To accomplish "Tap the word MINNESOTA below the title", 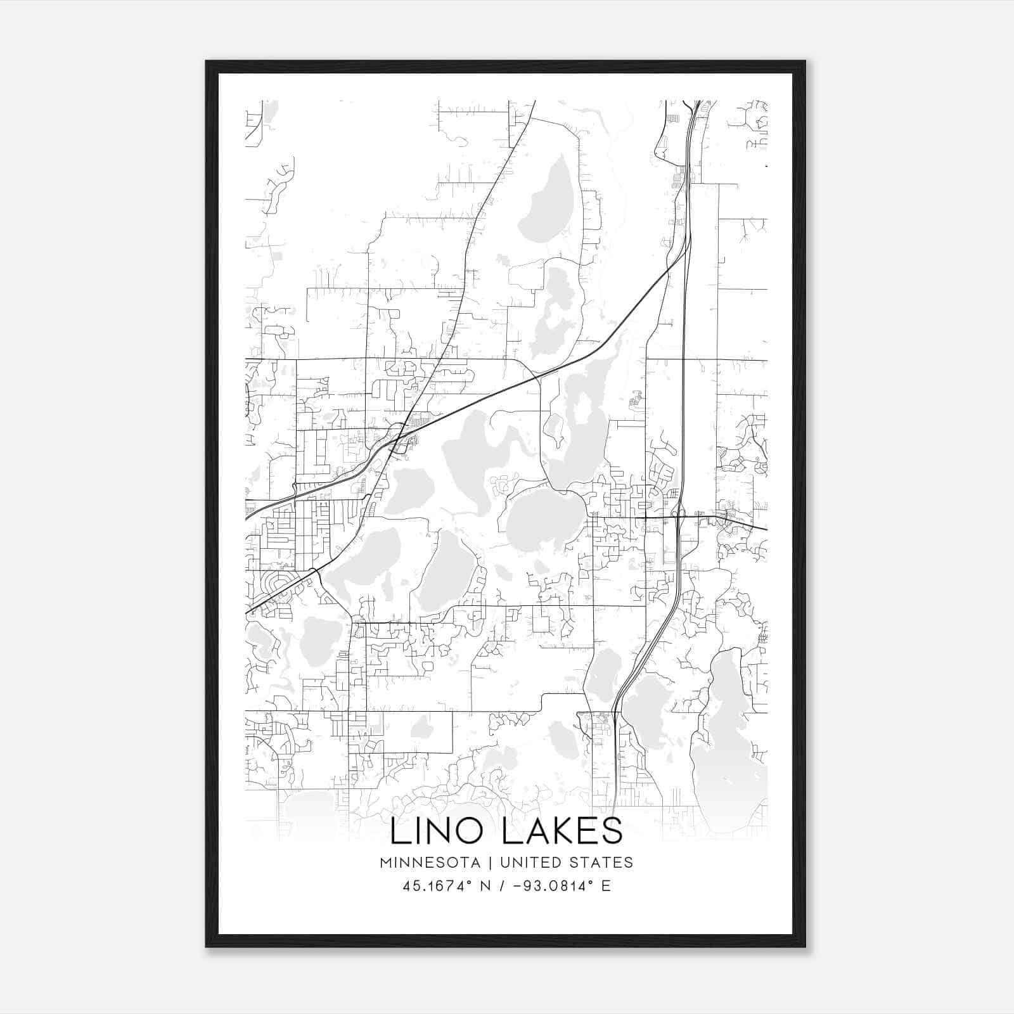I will tap(430, 863).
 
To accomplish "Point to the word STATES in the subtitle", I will tap(603, 863).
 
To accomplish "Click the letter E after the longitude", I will tap(606, 886).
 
